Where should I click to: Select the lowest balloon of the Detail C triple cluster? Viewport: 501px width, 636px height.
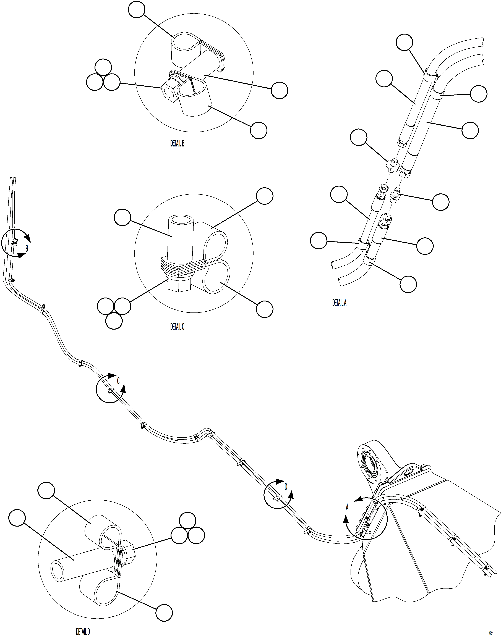click(114, 321)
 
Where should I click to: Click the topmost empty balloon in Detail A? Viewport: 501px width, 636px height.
click(405, 43)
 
